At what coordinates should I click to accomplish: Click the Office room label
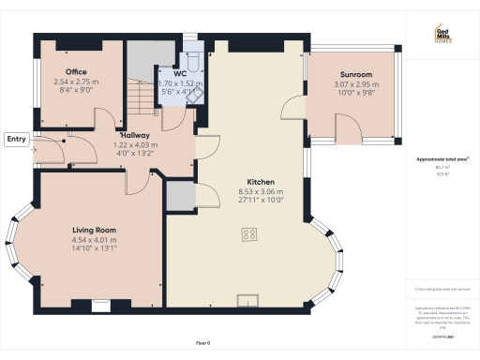pos(77,72)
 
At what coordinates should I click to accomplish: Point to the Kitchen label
pos(261,182)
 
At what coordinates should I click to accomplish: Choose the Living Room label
pos(94,230)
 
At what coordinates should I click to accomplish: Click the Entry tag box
pos(17,139)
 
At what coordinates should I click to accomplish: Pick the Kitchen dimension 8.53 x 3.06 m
pos(261,192)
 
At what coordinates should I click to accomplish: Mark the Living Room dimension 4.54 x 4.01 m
pos(94,239)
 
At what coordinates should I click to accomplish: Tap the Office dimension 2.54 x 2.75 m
pos(77,82)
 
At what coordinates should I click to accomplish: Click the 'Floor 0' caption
pos(203,344)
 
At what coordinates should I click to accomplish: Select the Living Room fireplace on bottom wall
pos(99,303)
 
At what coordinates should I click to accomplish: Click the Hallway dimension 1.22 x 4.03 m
pos(136,145)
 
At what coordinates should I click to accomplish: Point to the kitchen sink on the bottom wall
pos(249,300)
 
